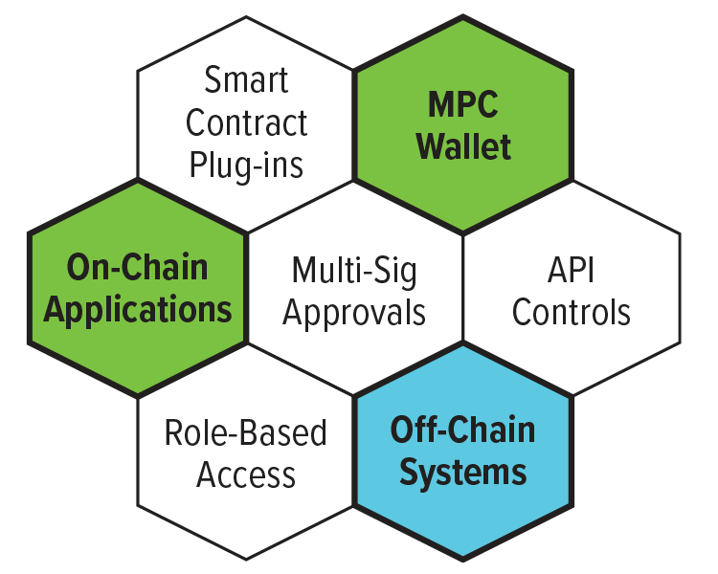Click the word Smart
246,80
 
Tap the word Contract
246,122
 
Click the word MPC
463,105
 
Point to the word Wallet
463,147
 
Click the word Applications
138,310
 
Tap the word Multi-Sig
354,271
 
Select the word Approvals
354,313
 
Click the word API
572,271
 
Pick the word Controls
572,312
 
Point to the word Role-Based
246,433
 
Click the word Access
246,475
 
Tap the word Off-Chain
463,430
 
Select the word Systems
463,473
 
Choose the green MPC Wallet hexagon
463,191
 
